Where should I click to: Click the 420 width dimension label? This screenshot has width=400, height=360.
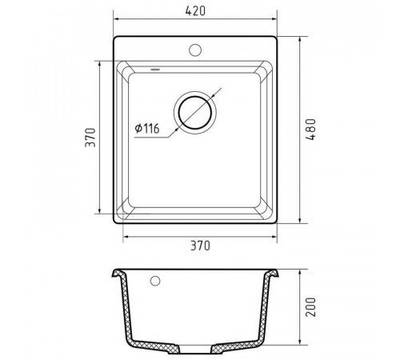[x=195, y=10]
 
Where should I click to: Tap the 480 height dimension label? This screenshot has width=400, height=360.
[x=310, y=130]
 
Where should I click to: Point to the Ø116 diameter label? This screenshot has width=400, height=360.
[x=147, y=129]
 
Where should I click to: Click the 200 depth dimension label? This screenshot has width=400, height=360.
[x=310, y=307]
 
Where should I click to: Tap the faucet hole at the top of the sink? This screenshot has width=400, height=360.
[x=195, y=50]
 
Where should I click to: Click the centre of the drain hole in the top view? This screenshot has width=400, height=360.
[x=195, y=112]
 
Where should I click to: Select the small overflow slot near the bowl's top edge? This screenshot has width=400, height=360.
[x=155, y=70]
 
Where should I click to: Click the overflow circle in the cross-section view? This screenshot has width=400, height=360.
[x=155, y=281]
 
